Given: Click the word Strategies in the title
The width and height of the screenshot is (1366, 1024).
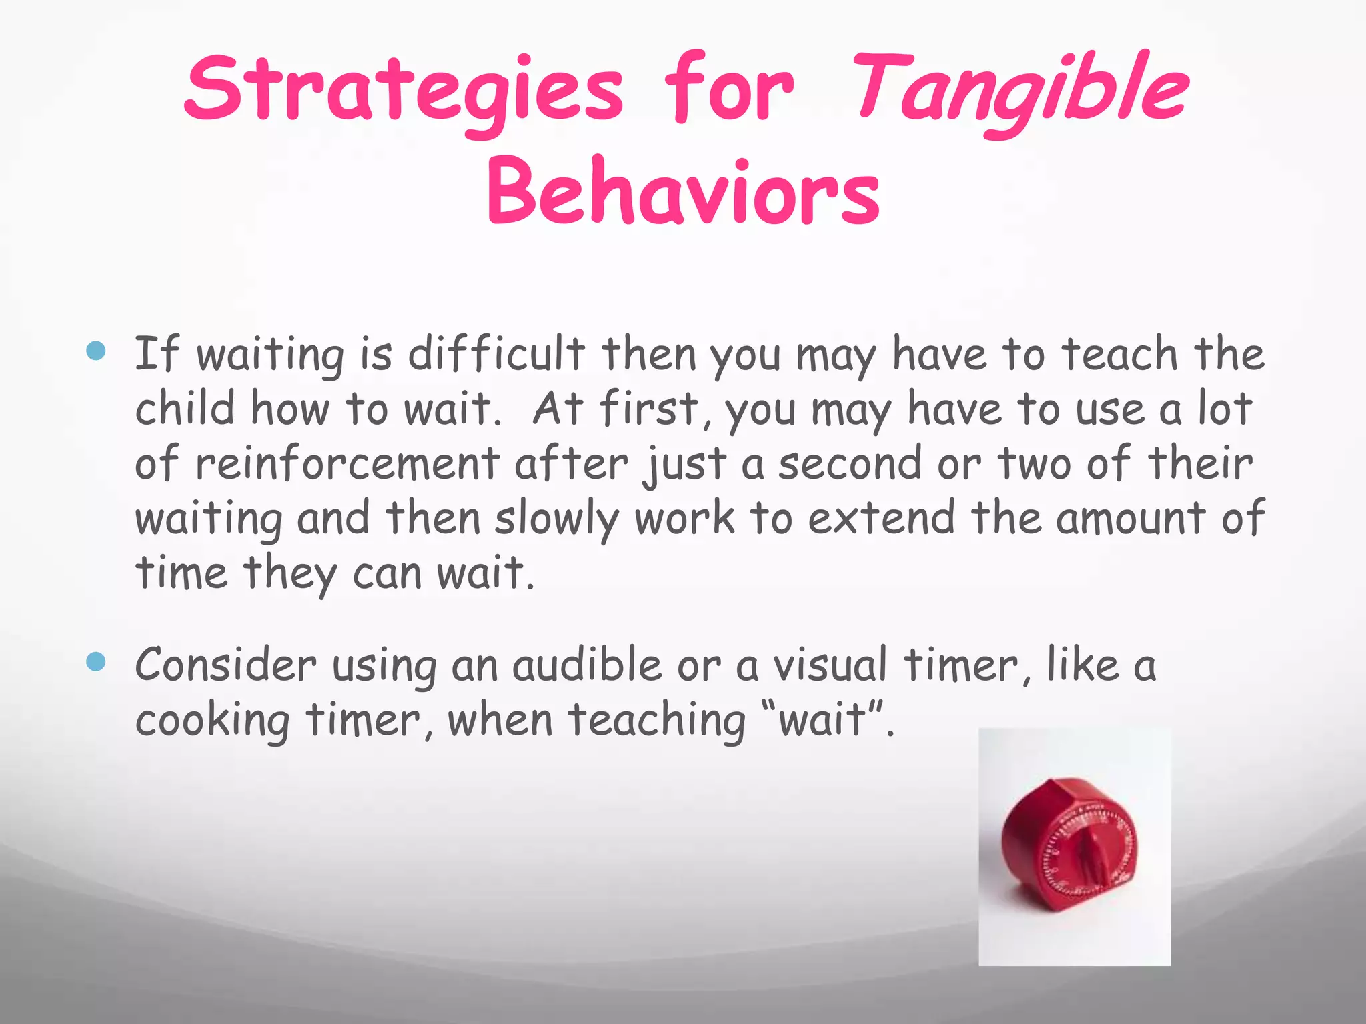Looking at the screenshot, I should click(x=404, y=90).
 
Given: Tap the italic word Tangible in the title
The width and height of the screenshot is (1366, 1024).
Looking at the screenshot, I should click(x=1020, y=90).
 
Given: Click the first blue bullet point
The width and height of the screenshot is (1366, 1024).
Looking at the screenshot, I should click(x=97, y=351).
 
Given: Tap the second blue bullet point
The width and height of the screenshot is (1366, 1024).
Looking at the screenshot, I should click(x=97, y=661).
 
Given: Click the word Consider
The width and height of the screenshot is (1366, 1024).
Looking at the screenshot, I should click(x=225, y=665).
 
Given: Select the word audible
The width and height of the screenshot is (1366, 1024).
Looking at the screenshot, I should click(x=586, y=665).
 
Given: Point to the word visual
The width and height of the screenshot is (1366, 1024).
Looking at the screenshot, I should click(x=830, y=665).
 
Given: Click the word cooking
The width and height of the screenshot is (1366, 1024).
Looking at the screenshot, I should click(x=212, y=721).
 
